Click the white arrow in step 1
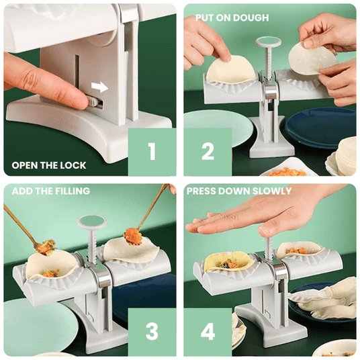tap(99, 87)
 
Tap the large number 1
tap(152, 151)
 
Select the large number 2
tap(208, 151)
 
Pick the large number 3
tap(152, 331)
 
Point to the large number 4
tap(208, 331)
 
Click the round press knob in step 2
tap(269, 42)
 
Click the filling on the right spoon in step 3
tap(133, 236)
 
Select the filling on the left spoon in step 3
tap(46, 247)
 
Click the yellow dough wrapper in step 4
tap(226, 261)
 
